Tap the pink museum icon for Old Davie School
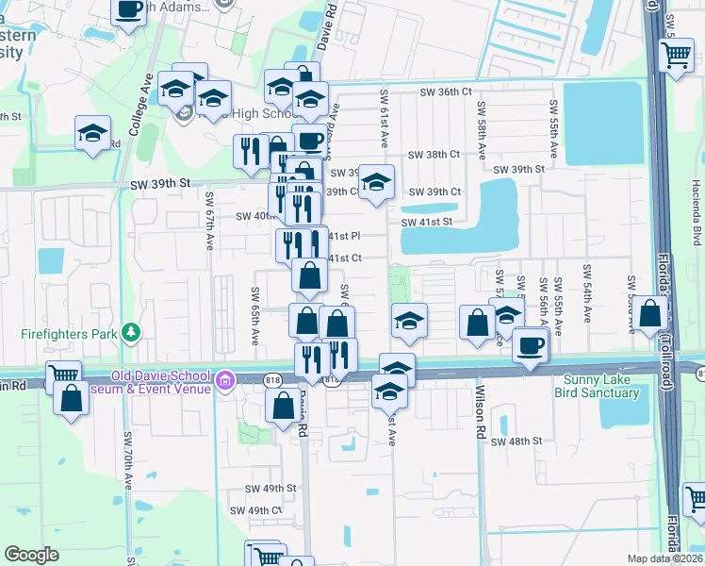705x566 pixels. (224, 381)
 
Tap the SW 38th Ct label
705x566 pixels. (434, 154)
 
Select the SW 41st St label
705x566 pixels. (427, 222)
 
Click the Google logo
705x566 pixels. (31, 555)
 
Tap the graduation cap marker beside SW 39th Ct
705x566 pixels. (376, 183)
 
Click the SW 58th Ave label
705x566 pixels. (481, 130)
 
